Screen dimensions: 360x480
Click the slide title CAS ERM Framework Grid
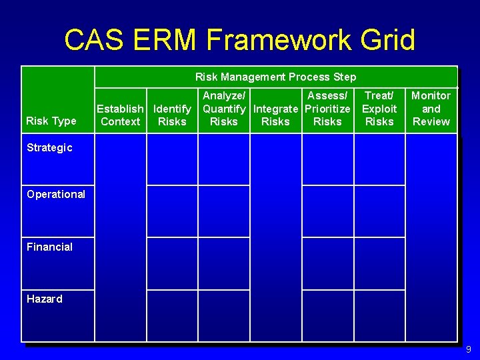click(239, 40)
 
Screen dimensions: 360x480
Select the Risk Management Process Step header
click(275, 77)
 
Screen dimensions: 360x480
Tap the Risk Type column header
click(51, 121)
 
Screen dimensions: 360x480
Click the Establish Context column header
click(120, 115)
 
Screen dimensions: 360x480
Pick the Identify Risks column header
click(172, 115)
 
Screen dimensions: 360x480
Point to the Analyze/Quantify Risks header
click(224, 109)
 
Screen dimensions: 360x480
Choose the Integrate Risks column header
click(275, 115)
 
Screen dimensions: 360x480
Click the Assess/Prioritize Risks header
click(327, 109)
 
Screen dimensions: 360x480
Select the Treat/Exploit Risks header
click(379, 109)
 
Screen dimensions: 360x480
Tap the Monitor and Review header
click(431, 109)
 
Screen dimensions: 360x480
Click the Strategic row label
click(49, 148)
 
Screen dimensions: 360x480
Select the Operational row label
click(56, 195)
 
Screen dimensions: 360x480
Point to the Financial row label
click(49, 247)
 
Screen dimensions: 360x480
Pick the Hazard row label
click(45, 299)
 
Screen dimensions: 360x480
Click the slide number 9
click(469, 349)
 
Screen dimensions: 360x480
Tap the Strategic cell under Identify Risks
click(172, 159)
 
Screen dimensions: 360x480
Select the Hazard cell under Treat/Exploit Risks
click(379, 315)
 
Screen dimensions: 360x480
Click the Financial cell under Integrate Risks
click(275, 263)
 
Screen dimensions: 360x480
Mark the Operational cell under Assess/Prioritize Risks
click(327, 211)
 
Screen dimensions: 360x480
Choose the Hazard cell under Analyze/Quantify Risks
click(224, 315)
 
